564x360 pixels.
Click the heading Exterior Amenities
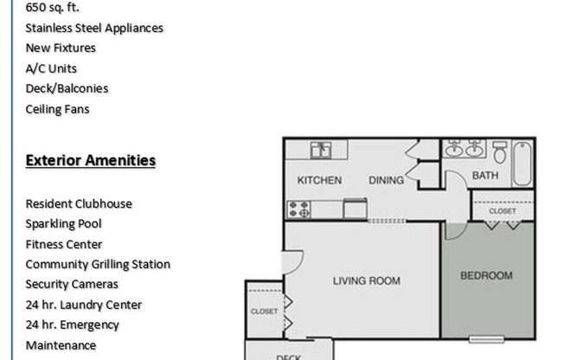pos(91,160)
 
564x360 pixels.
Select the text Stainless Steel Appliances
pos(94,28)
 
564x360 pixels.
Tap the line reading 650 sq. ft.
pos(53,8)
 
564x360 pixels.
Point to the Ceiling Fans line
pos(57,109)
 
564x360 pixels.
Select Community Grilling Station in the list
pos(98,264)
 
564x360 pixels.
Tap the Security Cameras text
pos(72,284)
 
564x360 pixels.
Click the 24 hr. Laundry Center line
pos(84,305)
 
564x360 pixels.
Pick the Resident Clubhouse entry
pos(79,203)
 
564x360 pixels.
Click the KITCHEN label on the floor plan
pos(319,181)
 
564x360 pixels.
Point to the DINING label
pos(386,181)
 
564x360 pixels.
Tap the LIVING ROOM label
pos(367,280)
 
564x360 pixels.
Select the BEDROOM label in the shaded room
pos(485,276)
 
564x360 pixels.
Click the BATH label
pos(484,176)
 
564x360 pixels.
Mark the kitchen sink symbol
pos(322,150)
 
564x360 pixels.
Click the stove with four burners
pos(299,209)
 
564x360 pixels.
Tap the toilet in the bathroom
pos(500,153)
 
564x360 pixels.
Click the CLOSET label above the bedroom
pos(503,210)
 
